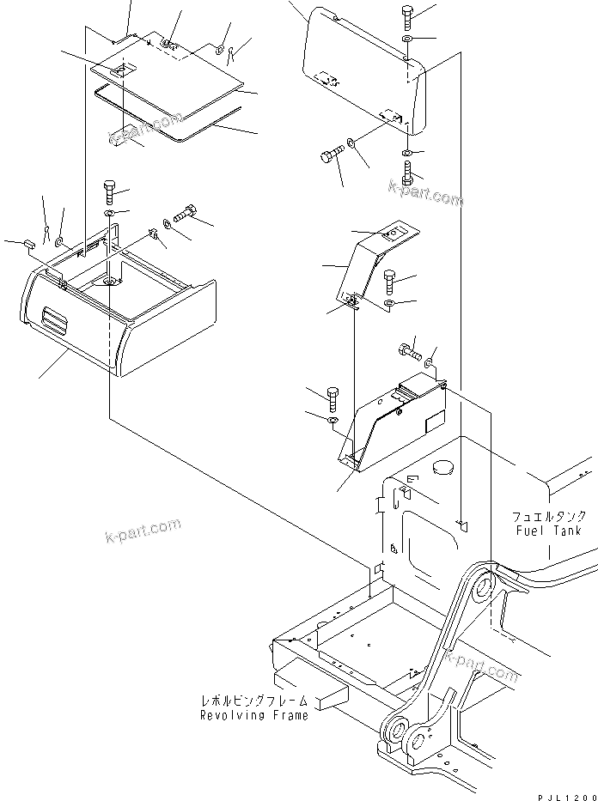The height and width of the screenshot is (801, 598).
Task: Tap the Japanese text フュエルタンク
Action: coord(549,517)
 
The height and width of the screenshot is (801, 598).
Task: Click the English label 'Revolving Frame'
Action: coord(253,715)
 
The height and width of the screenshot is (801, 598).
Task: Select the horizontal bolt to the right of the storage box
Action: coord(186,214)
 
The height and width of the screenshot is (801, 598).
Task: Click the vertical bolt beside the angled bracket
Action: coord(389,280)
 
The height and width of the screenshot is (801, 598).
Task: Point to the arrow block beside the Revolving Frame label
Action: coord(329,697)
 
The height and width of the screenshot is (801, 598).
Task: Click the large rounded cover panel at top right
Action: coord(361,69)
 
